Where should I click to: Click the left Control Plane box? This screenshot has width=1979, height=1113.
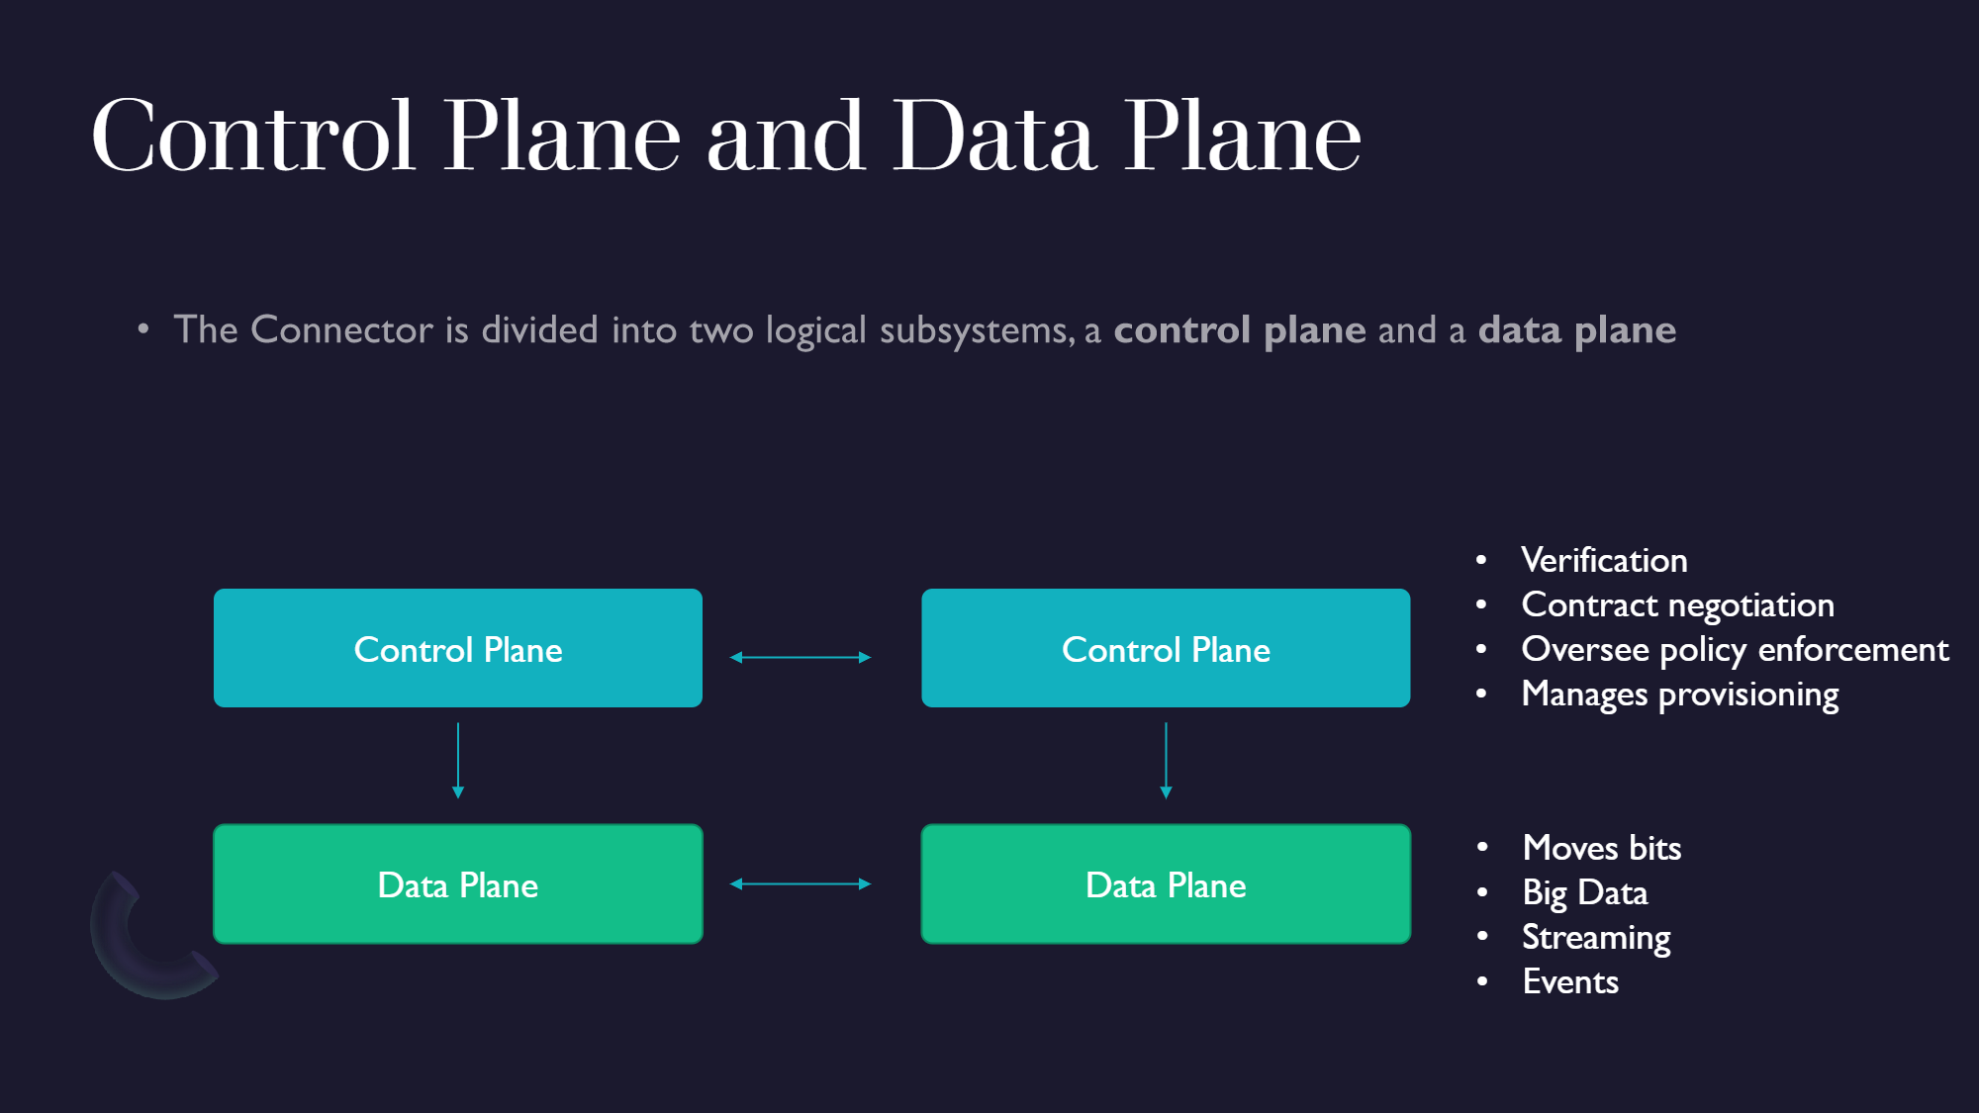coord(458,648)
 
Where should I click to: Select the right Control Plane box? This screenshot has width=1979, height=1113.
coord(1166,648)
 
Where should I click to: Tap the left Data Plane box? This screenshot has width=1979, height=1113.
coord(458,883)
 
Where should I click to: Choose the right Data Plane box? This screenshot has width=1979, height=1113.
coord(1166,883)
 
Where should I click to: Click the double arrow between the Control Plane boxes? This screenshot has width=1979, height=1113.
coord(801,657)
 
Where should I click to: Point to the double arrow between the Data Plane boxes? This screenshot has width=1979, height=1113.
coord(801,883)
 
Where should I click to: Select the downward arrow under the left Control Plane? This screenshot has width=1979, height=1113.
coord(458,761)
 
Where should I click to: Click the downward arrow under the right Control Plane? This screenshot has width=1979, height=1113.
coord(1166,761)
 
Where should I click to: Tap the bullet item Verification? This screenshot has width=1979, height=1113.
coord(1604,560)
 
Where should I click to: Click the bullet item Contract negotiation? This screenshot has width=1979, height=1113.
coord(1678,605)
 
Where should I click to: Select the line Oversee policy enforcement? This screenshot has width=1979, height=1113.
coord(1736,650)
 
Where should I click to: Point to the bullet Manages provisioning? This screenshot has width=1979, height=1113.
coord(1680,695)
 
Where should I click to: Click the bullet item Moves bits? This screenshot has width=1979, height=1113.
coord(1602,848)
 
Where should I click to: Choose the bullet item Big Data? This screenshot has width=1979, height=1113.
coord(1585,893)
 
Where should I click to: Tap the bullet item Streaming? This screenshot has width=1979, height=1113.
coord(1596,938)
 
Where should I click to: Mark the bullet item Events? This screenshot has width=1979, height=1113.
coord(1570,981)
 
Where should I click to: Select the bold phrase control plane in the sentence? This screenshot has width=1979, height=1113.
coord(1240,330)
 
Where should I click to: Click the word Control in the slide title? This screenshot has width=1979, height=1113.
coord(252,137)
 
